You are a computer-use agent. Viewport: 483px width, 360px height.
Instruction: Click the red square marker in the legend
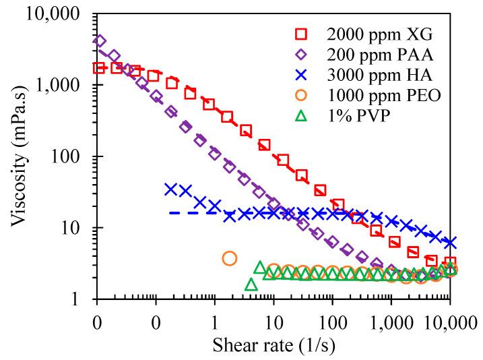(301, 33)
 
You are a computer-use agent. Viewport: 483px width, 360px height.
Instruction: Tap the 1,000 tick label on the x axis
(391, 314)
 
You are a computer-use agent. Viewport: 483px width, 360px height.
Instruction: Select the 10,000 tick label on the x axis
(449, 314)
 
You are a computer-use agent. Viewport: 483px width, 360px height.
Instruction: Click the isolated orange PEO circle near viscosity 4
(230, 258)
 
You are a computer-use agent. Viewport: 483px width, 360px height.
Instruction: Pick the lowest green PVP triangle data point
(251, 284)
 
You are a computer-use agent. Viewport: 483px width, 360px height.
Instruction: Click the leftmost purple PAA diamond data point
(100, 41)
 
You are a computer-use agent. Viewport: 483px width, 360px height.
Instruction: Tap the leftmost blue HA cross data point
(171, 189)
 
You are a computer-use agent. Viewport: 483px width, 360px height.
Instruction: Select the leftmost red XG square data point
(99, 68)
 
